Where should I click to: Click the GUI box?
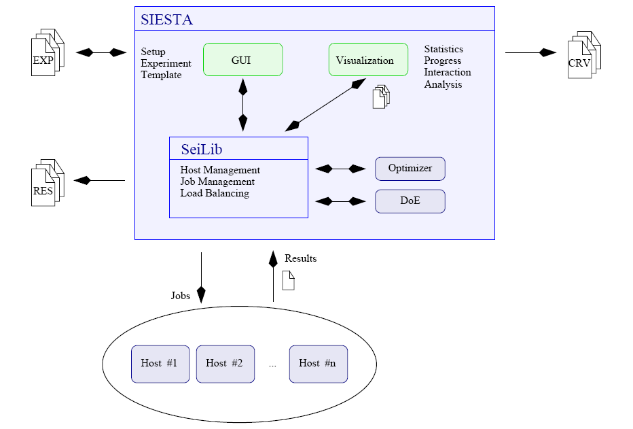pyautogui.click(x=242, y=60)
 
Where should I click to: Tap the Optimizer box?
pyautogui.click(x=410, y=169)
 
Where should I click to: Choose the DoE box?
pyautogui.click(x=410, y=201)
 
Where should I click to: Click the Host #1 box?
pyautogui.click(x=160, y=364)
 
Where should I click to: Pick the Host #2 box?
pyautogui.click(x=225, y=364)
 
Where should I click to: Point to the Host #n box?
pyautogui.click(x=317, y=364)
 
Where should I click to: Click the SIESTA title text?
pyautogui.click(x=166, y=20)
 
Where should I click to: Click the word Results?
pyautogui.click(x=300, y=258)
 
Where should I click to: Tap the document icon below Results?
pyautogui.click(x=288, y=280)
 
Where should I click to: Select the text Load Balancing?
pyautogui.click(x=214, y=193)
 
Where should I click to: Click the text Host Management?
pyautogui.click(x=220, y=170)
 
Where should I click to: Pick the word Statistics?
pyautogui.click(x=444, y=49)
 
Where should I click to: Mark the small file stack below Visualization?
pyautogui.click(x=382, y=97)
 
